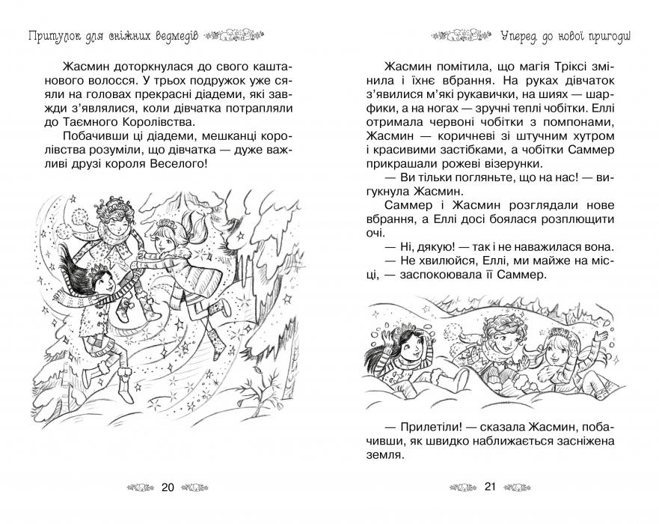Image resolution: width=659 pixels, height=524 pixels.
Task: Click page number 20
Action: [x=168, y=488]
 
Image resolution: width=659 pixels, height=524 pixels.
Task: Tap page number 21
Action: [x=491, y=488]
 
